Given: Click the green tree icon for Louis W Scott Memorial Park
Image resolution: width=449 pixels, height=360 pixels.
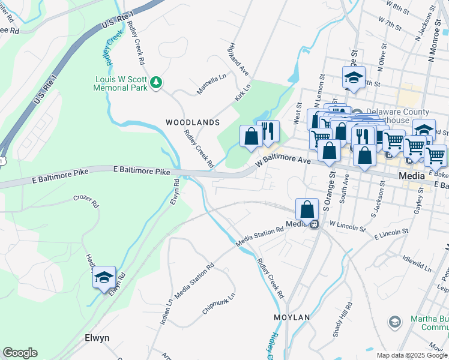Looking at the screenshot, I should tap(156, 82).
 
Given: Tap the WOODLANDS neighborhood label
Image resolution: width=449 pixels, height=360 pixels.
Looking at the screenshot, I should tap(193, 122).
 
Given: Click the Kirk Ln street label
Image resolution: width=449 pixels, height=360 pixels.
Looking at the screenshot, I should tap(243, 91).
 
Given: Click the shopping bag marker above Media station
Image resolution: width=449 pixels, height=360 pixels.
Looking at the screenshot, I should tap(307, 210).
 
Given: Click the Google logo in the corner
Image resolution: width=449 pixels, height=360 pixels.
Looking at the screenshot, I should tap(20, 353).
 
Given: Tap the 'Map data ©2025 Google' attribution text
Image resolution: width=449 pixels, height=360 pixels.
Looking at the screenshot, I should tap(411, 355).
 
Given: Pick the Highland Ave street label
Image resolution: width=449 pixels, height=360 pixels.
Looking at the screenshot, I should tap(238, 59).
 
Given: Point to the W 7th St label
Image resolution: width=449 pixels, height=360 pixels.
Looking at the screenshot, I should tap(390, 25).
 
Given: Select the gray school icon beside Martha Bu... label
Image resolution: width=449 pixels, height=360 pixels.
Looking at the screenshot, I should tap(394, 322).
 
